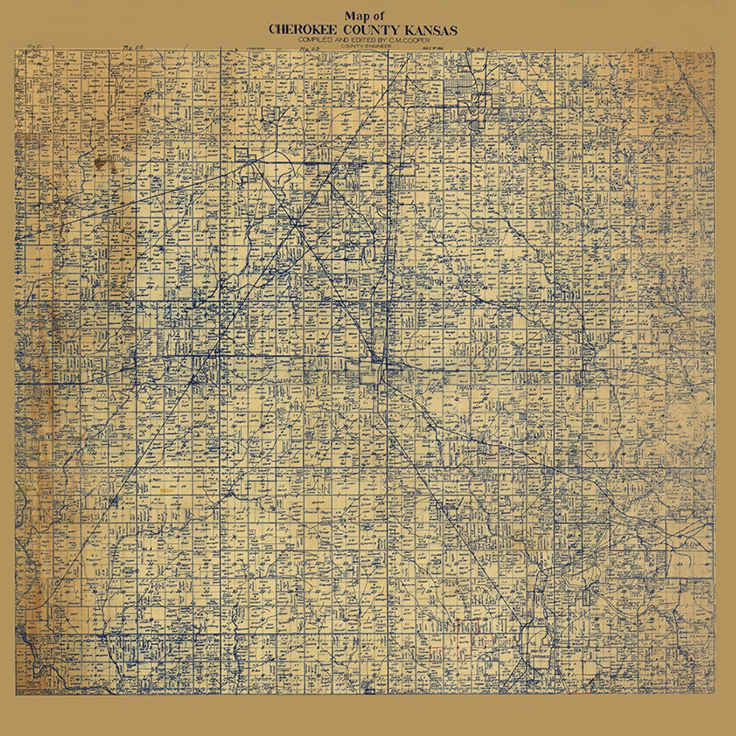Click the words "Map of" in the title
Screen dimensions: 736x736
click(364, 16)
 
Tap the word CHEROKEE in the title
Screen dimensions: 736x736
click(303, 30)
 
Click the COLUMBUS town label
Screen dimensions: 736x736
click(359, 374)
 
